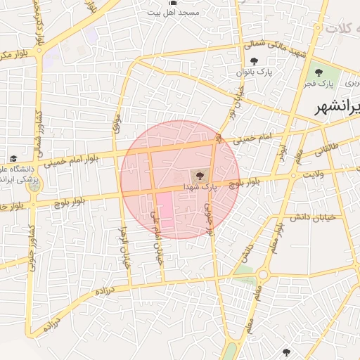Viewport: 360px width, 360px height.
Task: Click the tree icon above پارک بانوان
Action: pos(254,61)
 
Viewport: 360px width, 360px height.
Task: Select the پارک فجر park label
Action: pos(319,84)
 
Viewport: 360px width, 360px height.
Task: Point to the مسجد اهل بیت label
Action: pos(184,13)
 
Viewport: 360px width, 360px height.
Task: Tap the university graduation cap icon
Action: pos(13,158)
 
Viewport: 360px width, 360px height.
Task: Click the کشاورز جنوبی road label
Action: pos(31,242)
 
